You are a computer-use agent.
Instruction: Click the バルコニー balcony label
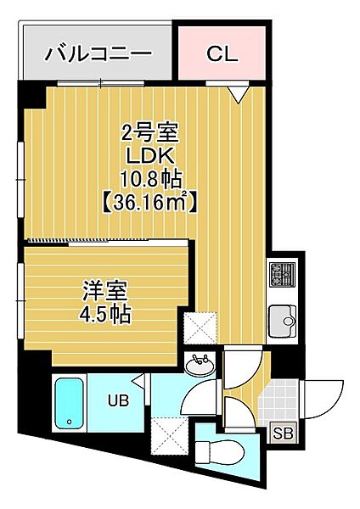coord(98,54)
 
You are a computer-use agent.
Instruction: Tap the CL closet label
coord(222,53)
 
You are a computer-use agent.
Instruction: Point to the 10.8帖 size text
coord(151,180)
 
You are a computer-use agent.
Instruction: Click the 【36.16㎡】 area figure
coord(150,203)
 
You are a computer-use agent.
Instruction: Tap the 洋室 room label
coord(105,290)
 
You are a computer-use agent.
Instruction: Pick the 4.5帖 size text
coord(105,314)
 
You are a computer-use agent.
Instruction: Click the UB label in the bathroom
coord(119,400)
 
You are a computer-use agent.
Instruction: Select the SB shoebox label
coord(283,433)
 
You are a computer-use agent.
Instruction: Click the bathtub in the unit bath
coord(69,403)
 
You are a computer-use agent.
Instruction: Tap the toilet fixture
coord(222,450)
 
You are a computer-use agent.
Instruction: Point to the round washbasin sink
coord(200,365)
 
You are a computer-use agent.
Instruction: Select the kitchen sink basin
coord(282,321)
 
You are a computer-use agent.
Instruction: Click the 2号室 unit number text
coord(150,133)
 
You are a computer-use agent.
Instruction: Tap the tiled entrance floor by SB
coord(278,400)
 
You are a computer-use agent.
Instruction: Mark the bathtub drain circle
coord(69,422)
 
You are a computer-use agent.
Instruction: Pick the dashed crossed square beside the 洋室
coord(200,327)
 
